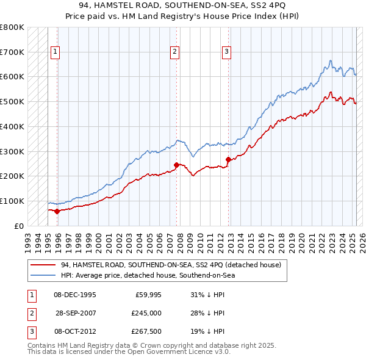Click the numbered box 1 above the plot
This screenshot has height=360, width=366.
point(55,52)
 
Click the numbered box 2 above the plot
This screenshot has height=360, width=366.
point(174,52)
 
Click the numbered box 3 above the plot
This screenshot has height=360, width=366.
point(226,52)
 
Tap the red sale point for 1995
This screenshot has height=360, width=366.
point(57,211)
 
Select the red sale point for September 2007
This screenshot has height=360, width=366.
point(176,165)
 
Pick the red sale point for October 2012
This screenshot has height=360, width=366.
point(228,159)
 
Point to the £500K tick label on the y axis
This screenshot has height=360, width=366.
point(12,101)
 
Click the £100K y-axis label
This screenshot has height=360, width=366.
point(12,201)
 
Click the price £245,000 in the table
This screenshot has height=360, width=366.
point(146,313)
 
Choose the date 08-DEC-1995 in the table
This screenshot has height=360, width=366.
point(75,295)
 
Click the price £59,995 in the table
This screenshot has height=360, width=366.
point(148,295)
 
